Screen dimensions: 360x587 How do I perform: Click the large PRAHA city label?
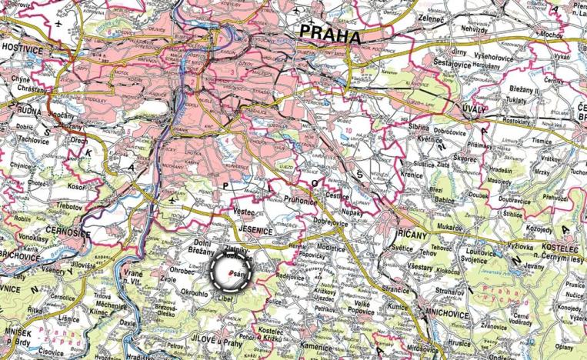pos(330,33)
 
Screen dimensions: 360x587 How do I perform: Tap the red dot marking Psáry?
pos(232,273)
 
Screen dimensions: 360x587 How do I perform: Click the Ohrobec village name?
pos(184,270)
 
